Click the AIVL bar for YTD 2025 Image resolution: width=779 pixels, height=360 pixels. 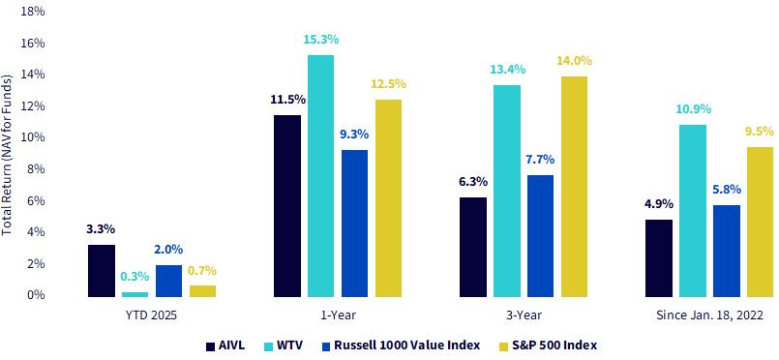click(102, 271)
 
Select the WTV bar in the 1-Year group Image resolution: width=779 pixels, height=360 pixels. click(320, 176)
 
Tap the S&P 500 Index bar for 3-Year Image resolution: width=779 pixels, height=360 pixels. click(574, 187)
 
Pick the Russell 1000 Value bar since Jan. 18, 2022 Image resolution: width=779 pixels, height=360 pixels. click(727, 252)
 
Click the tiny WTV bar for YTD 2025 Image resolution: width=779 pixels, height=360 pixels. click(135, 295)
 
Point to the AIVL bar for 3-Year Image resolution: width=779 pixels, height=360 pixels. click(473, 248)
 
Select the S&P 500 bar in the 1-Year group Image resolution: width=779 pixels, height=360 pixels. click(388, 198)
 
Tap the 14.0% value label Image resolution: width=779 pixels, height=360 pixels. click(575, 61)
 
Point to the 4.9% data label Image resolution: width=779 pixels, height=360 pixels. click(659, 204)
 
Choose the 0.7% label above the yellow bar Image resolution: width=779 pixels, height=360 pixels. click(202, 271)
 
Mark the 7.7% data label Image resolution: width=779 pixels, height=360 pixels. click(541, 160)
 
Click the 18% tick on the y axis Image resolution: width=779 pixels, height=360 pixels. click(34, 12)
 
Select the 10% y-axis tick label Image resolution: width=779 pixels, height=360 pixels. click(34, 137)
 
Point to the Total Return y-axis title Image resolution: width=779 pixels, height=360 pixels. click(8, 155)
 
